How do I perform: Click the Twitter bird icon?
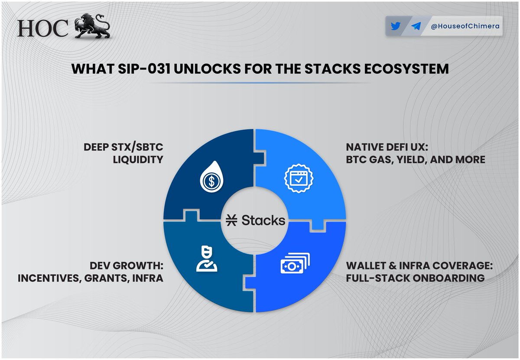pyautogui.click(x=395, y=26)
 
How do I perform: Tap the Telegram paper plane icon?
pyautogui.click(x=416, y=26)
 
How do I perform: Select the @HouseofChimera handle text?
pyautogui.click(x=465, y=26)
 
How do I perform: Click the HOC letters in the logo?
pyautogui.click(x=43, y=29)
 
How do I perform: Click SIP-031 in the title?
pyautogui.click(x=144, y=69)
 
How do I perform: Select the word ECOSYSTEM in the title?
pyautogui.click(x=406, y=69)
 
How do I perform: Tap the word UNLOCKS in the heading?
pyautogui.click(x=207, y=69)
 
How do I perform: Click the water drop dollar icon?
pyautogui.click(x=211, y=177)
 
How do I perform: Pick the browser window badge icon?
pyautogui.click(x=299, y=178)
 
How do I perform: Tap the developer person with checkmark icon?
pyautogui.click(x=206, y=259)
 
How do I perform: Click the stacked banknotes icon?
pyautogui.click(x=295, y=263)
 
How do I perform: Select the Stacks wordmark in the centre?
pyautogui.click(x=263, y=220)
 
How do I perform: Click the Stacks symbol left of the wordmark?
pyautogui.click(x=231, y=220)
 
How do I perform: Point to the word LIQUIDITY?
pyautogui.click(x=138, y=160)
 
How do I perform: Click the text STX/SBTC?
pyautogui.click(x=137, y=147)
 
